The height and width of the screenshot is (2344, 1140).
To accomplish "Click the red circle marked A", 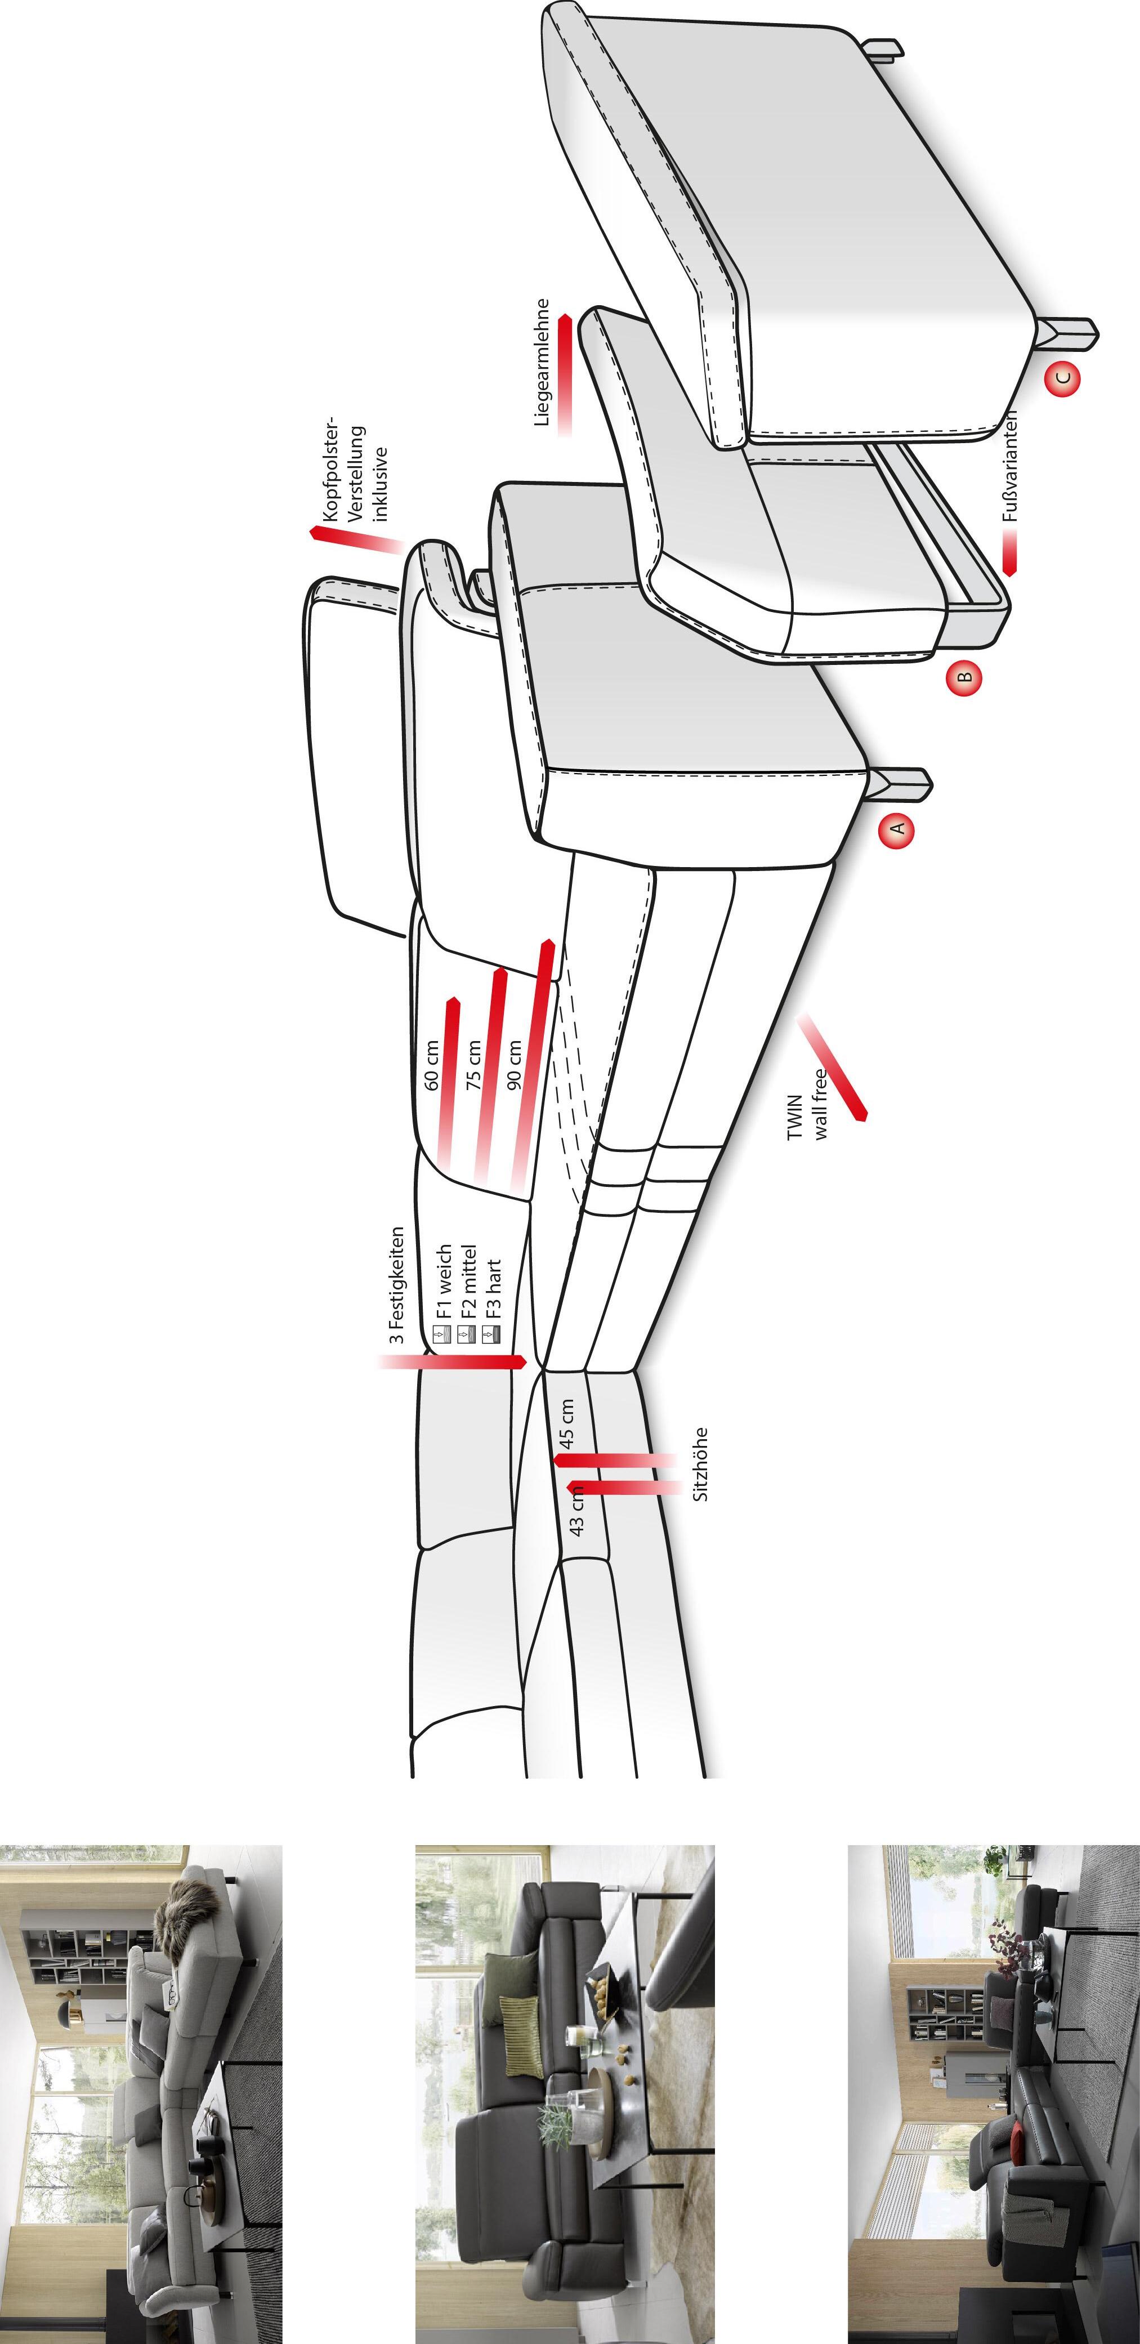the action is pyautogui.click(x=896, y=829).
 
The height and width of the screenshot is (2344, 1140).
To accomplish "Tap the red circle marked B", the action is pyautogui.click(x=964, y=676).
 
